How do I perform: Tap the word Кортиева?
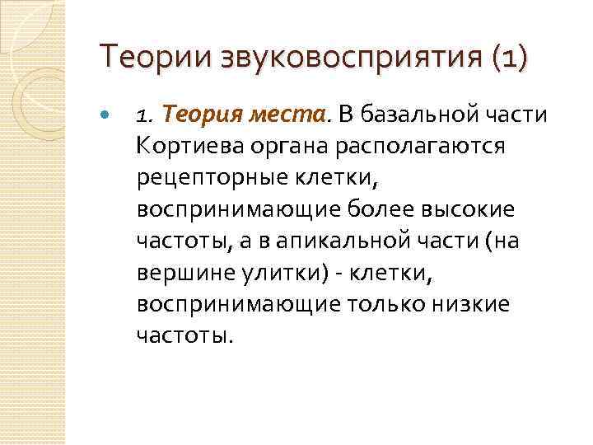[189, 145]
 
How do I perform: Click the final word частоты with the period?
[186, 335]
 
